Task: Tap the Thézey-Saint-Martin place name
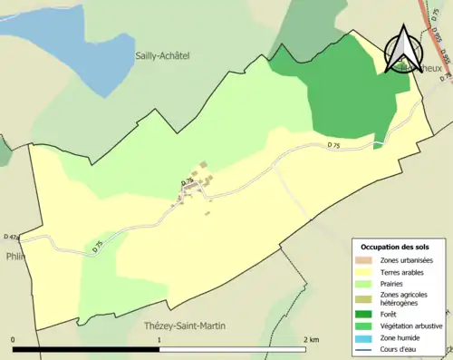click(x=184, y=326)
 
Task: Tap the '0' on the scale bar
click(x=14, y=340)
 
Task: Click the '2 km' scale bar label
click(x=311, y=340)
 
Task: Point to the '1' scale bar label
click(x=160, y=340)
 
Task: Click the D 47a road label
click(x=12, y=237)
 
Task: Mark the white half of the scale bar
click(x=236, y=349)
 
